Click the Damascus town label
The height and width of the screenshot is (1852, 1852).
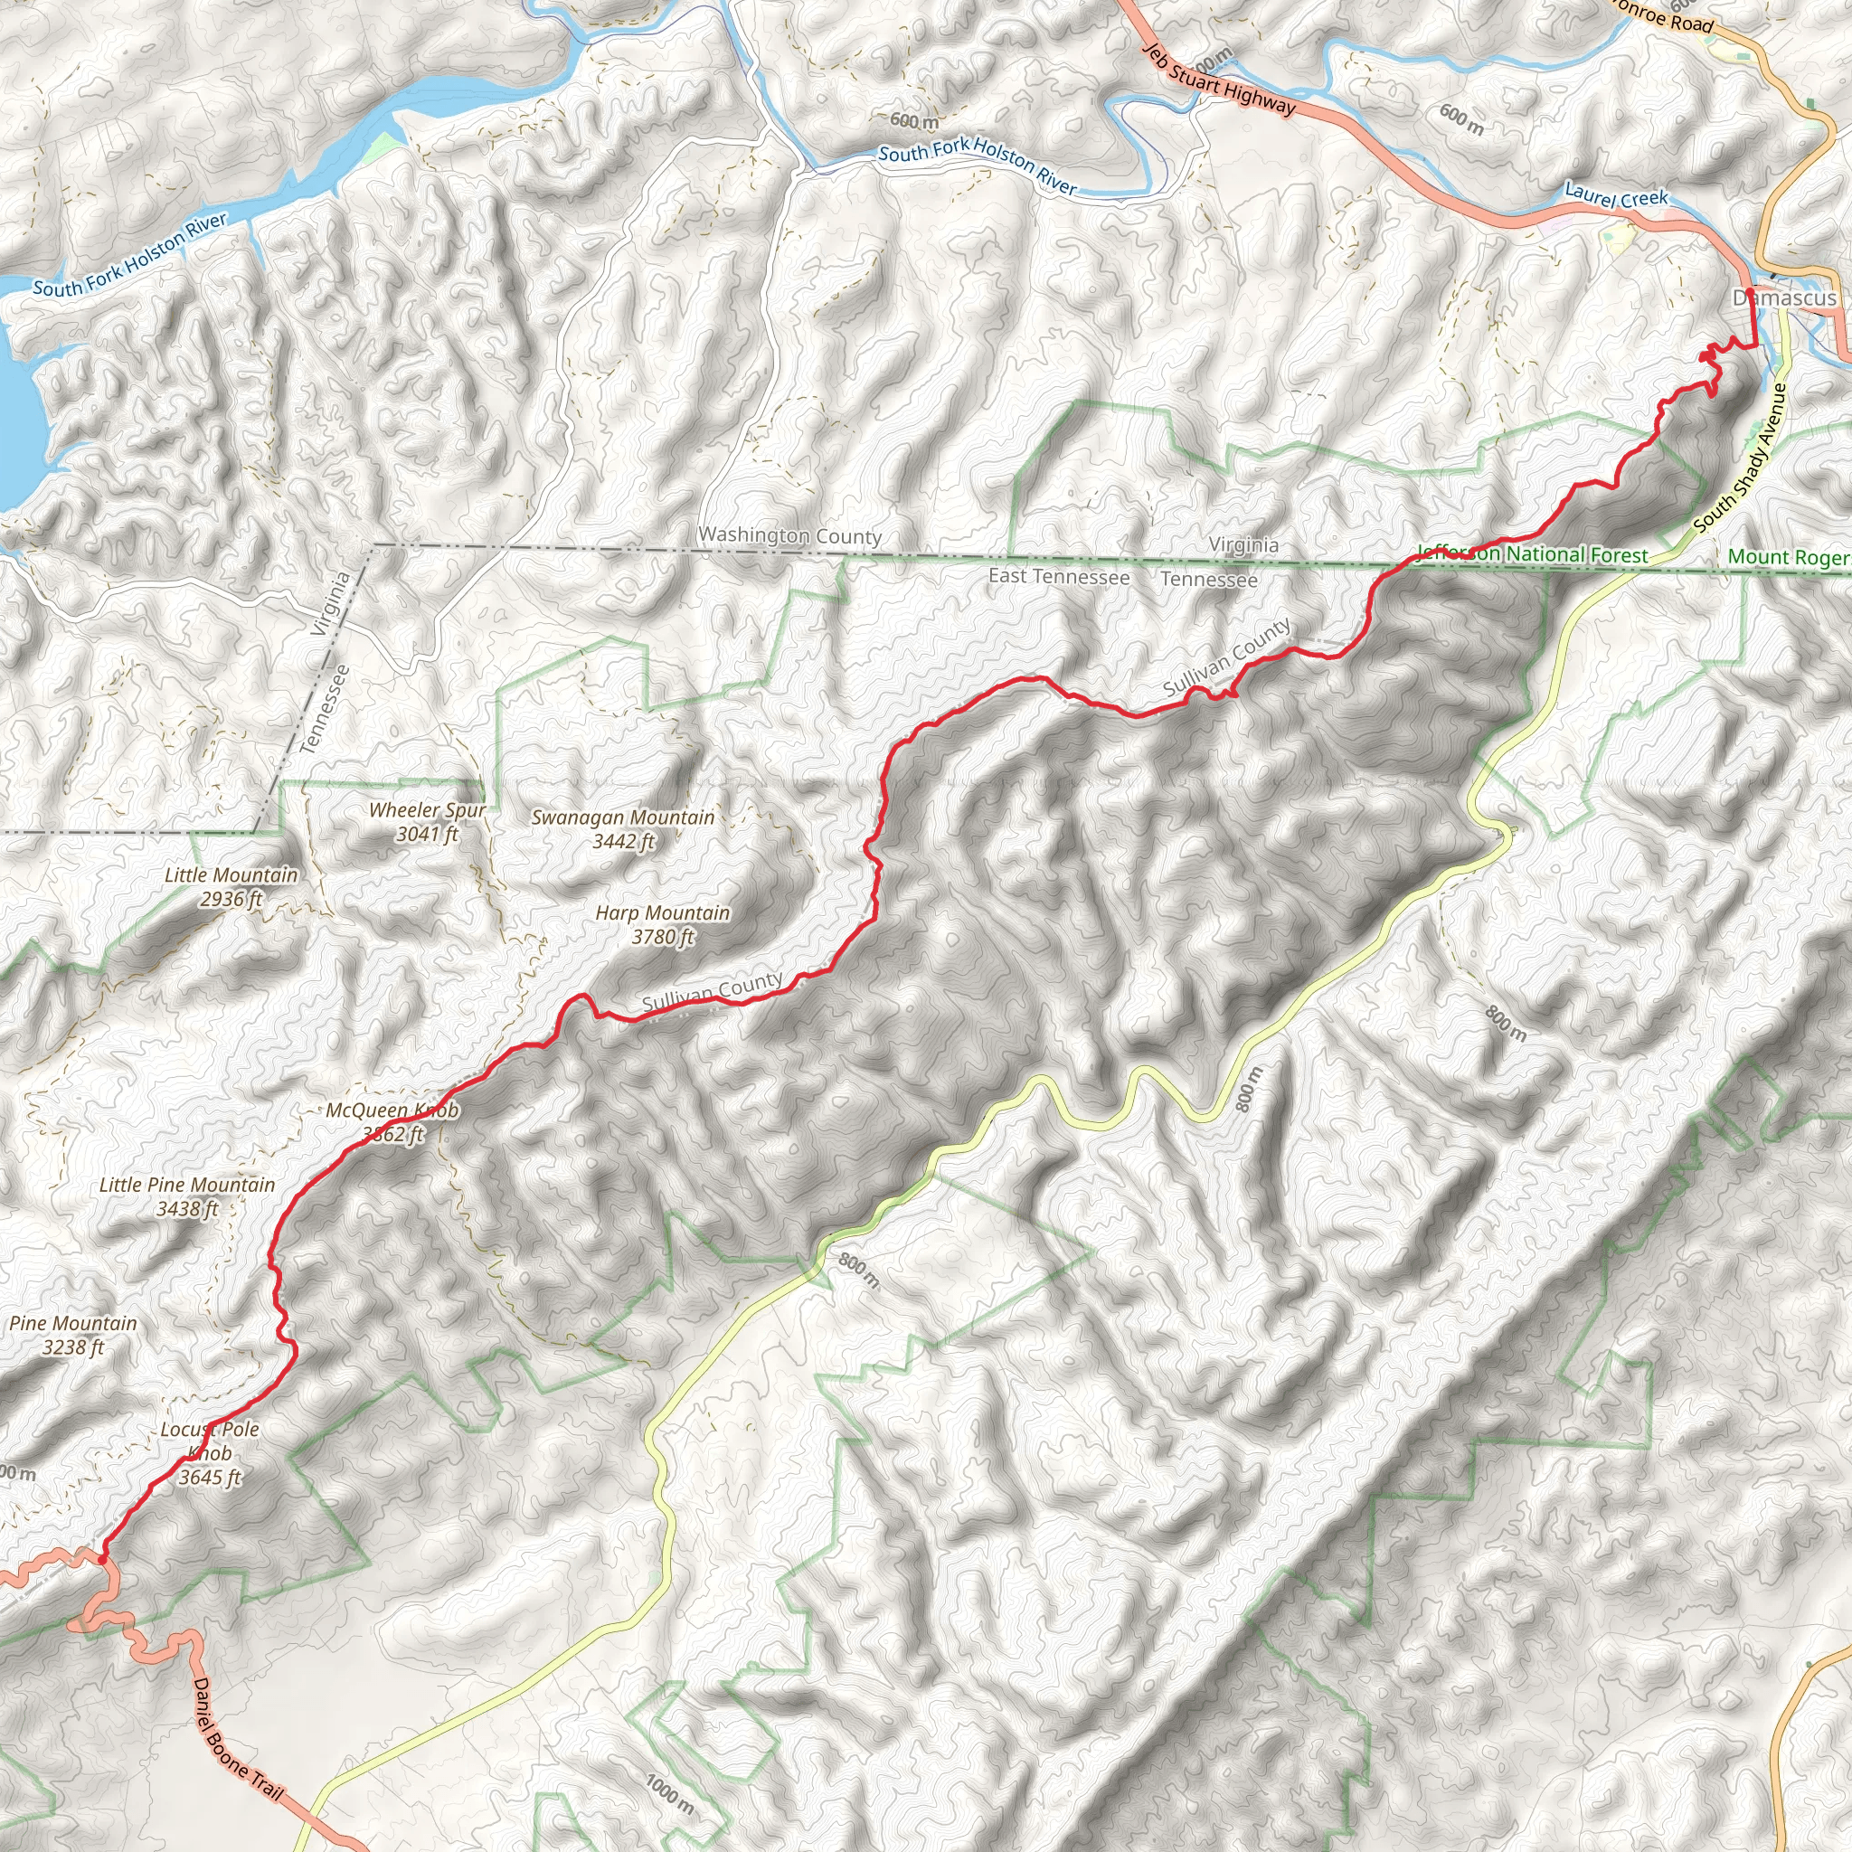coord(1785,298)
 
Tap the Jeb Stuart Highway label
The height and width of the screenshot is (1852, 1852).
coord(1220,81)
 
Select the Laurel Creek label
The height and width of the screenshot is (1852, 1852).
coord(1616,195)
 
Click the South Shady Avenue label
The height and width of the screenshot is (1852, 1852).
coord(1741,458)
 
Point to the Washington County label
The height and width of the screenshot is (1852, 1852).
coord(789,536)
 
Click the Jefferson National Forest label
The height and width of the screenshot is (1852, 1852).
coord(1532,554)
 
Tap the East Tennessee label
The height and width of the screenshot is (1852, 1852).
coord(1058,576)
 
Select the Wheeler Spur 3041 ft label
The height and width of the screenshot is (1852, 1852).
coord(428,821)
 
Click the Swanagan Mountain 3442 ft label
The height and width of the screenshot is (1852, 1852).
coord(623,829)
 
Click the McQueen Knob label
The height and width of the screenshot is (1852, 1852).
coord(392,1111)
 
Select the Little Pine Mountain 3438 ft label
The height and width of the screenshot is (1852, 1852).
coord(187,1196)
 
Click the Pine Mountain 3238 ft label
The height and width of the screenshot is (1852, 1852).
coord(74,1335)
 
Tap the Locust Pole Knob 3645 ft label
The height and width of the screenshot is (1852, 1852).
coord(210,1453)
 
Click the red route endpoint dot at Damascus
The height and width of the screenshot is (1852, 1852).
coord(1750,290)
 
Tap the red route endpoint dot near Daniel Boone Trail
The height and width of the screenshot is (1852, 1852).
coord(101,1560)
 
